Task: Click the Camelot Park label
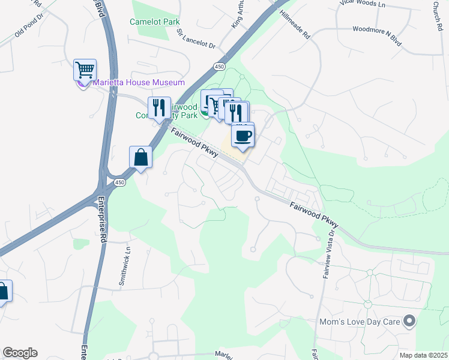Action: pyautogui.click(x=155, y=22)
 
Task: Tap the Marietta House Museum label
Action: pyautogui.click(x=139, y=82)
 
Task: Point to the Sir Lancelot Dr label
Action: pyautogui.click(x=196, y=43)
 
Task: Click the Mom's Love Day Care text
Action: pyautogui.click(x=360, y=322)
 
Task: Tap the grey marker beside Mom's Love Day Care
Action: pyautogui.click(x=409, y=322)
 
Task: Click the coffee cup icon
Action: pyautogui.click(x=243, y=136)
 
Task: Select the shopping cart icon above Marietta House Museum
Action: pyautogui.click(x=85, y=70)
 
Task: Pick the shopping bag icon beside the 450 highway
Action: pyautogui.click(x=140, y=157)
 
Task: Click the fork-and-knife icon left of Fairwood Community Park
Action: pyautogui.click(x=158, y=107)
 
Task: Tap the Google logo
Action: pyautogui.click(x=20, y=353)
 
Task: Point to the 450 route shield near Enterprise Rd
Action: pyautogui.click(x=120, y=182)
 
